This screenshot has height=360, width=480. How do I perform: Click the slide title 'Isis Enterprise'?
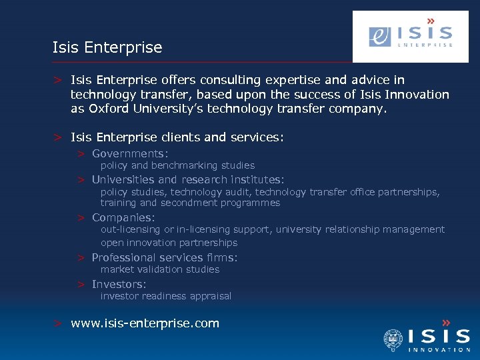click(x=107, y=47)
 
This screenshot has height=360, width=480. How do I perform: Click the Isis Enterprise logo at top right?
click(x=410, y=36)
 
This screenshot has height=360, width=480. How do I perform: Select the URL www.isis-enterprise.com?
click(x=145, y=323)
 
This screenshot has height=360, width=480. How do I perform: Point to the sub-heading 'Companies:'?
click(x=123, y=217)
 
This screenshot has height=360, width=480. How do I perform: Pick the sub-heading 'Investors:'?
click(x=119, y=284)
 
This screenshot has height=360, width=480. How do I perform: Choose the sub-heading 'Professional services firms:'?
click(x=165, y=257)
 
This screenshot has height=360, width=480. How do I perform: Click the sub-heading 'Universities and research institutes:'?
click(x=188, y=179)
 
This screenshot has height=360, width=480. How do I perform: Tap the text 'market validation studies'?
click(x=160, y=269)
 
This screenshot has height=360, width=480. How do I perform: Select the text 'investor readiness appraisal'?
click(x=166, y=296)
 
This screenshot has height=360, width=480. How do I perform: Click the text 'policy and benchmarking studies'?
click(x=177, y=165)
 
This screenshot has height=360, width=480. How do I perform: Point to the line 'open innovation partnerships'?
click(x=169, y=243)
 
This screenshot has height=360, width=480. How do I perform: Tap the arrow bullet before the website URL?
click(x=59, y=324)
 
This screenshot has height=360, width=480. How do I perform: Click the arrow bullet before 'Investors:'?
click(x=80, y=285)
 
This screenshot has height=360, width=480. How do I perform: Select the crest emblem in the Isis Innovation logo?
click(x=393, y=340)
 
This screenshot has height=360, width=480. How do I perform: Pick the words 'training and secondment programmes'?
click(x=190, y=203)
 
